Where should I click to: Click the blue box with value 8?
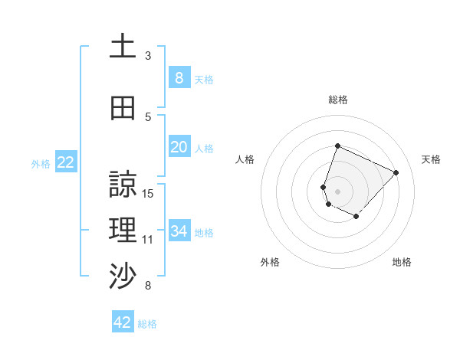[179, 77]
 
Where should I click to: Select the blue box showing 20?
[179, 146]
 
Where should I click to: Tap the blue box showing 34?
[179, 231]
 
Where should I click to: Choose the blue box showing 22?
[65, 162]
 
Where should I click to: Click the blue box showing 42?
[122, 322]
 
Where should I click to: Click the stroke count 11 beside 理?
[149, 240]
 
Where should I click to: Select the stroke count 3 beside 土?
[148, 56]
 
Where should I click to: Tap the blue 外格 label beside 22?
[41, 162]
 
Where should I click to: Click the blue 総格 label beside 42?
[147, 323]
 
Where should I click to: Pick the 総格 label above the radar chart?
[338, 100]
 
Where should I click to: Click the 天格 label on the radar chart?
[432, 159]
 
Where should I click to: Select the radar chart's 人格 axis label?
[245, 159]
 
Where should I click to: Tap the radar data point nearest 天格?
[396, 172]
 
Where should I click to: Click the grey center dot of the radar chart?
[338, 191]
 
